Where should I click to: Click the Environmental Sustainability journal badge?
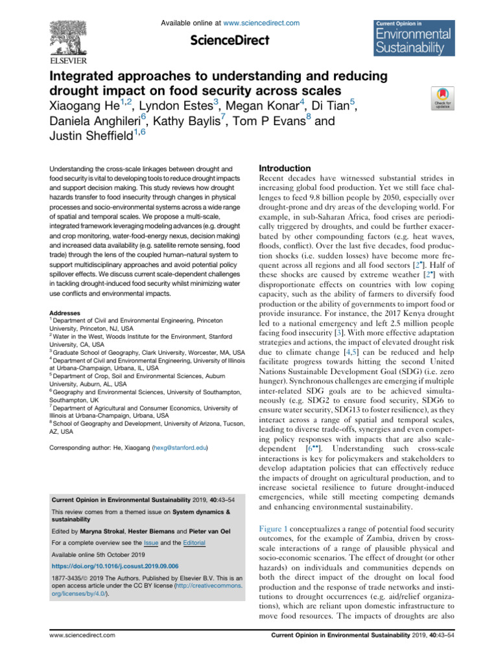coord(410,37)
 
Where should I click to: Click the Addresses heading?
coord(67,293)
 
